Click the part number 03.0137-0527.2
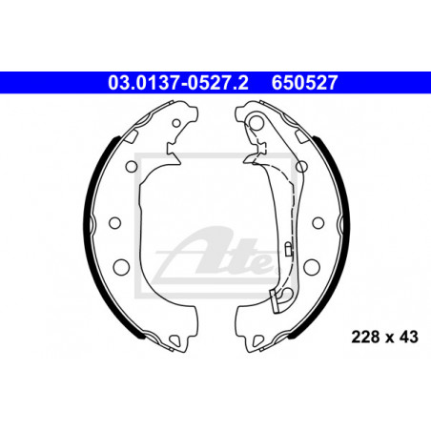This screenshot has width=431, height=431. pyautogui.click(x=178, y=83)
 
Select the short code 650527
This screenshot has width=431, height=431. pyautogui.click(x=304, y=83)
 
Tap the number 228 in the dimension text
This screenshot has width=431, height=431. pyautogui.click(x=365, y=338)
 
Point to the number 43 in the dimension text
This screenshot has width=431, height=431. pyautogui.click(x=409, y=338)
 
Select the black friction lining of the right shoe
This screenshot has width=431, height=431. pyautogui.click(x=340, y=222)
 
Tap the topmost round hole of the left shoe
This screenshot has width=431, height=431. pyautogui.click(x=176, y=123)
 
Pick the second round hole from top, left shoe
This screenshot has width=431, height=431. pyautogui.click(x=132, y=166)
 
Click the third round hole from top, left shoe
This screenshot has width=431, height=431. pyautogui.click(x=114, y=223)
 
